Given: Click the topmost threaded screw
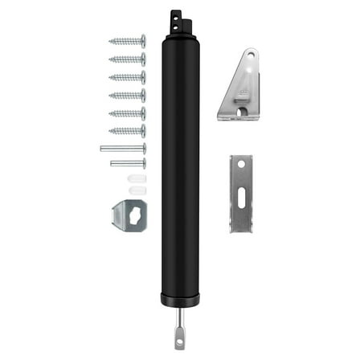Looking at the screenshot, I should (x=128, y=41).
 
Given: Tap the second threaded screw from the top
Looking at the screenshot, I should (x=128, y=59).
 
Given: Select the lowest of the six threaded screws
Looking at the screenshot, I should (x=128, y=131).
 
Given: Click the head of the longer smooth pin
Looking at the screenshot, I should (x=143, y=149).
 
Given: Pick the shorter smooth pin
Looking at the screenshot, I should (x=128, y=163).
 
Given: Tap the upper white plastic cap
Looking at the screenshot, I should (x=137, y=178).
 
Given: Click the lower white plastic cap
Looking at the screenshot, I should (x=137, y=190).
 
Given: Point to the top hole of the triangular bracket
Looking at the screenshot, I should (x=251, y=56).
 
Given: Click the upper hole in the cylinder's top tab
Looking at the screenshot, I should (x=174, y=14).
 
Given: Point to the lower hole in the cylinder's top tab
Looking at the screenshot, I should (x=174, y=25).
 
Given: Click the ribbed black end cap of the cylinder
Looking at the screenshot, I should (x=180, y=299).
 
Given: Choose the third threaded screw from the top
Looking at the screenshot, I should (x=128, y=77).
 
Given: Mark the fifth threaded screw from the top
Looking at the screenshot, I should (x=128, y=113).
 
